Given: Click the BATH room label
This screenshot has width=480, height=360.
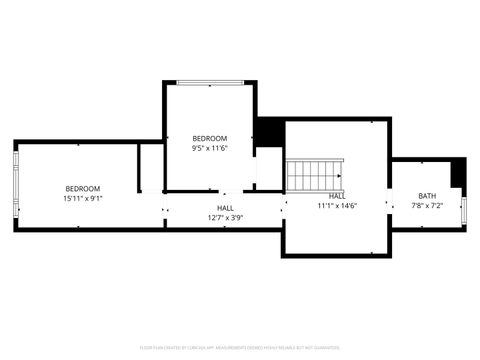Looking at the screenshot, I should tap(427, 196).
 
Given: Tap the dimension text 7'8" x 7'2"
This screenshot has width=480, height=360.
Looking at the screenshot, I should tap(427, 206).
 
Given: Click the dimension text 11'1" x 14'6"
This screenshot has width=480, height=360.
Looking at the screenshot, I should tap(337, 206).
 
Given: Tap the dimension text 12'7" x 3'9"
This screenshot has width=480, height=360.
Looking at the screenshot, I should tap(226, 217).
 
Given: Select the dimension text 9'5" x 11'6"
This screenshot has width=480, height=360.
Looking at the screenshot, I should tap(210, 148).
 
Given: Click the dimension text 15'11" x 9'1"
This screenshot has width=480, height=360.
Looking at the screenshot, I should tap(82, 198).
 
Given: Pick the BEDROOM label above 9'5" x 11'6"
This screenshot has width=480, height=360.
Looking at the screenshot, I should tap(210, 138).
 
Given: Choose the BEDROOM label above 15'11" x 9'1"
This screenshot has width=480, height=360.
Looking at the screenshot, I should tap(82, 188).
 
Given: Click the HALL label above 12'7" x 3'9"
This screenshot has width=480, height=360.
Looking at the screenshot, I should tap(226, 207).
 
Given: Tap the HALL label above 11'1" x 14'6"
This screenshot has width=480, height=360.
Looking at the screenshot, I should tap(337, 196).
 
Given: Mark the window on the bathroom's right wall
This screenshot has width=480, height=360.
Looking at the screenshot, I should tap(465, 208).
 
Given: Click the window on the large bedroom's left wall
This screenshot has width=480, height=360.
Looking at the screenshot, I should tap(15, 186).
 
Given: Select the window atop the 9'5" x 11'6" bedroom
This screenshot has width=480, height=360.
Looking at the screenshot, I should tap(210, 83).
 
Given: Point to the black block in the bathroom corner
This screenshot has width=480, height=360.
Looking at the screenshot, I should tap(458, 172).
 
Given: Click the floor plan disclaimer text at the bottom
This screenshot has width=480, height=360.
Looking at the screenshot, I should tap(240, 347).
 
